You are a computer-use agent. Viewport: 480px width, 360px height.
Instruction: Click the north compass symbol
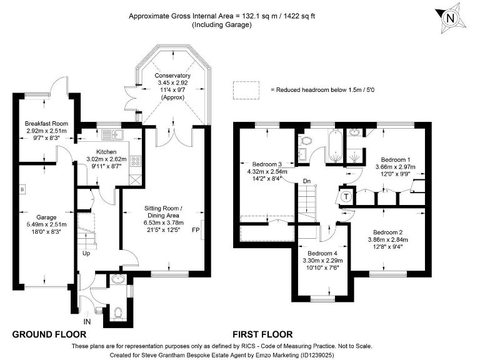tap(449, 19)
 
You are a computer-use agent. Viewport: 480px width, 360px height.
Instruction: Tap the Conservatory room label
tap(173, 86)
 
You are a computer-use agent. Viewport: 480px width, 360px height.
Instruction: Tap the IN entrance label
tap(87, 321)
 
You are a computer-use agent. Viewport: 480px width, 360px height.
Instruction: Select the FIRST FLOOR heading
tap(262, 334)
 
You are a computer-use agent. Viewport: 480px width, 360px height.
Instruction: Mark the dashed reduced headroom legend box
tap(246, 89)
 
